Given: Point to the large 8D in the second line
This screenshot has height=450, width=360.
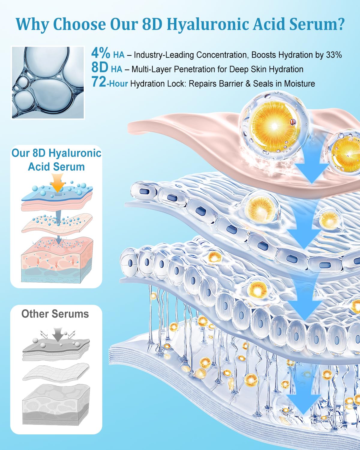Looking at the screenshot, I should click(x=100, y=68).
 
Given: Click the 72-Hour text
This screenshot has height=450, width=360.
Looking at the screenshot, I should click(x=109, y=83).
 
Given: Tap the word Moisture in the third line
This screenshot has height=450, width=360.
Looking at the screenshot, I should click(x=299, y=83).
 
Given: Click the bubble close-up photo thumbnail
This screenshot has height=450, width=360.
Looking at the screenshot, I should click(x=48, y=82).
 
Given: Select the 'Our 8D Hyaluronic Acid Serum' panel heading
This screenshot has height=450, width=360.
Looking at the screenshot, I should click(x=56, y=160).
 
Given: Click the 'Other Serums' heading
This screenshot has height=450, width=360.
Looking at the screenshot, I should click(x=55, y=314).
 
